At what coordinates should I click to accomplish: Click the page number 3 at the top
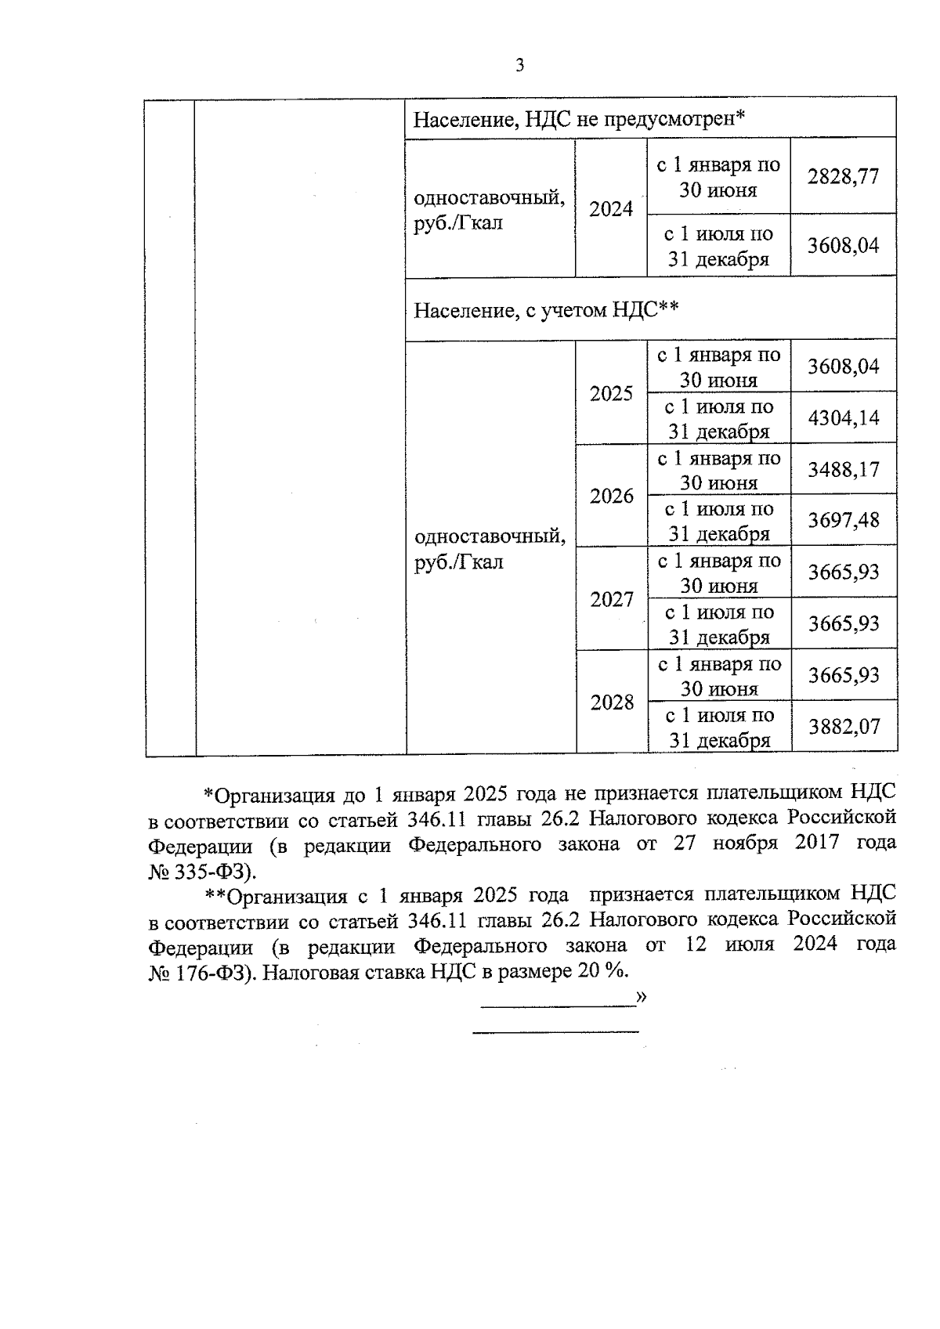[519, 66]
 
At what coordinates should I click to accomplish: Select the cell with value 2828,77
[843, 176]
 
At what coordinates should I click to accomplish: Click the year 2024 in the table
[611, 209]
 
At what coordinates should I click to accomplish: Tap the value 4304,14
[844, 418]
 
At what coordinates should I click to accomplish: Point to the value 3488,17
[844, 470]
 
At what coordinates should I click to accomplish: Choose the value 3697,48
[844, 520]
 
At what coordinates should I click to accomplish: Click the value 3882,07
[844, 727]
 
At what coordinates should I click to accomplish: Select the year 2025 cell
[611, 393]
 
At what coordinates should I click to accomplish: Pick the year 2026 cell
[611, 496]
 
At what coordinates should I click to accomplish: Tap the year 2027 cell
[611, 599]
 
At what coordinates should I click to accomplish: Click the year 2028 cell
[611, 702]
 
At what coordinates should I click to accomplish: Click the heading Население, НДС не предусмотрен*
[578, 119]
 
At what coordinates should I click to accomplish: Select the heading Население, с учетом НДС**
[545, 311]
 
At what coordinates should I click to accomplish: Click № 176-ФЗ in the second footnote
[200, 973]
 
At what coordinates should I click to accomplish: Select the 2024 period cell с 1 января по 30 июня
[718, 177]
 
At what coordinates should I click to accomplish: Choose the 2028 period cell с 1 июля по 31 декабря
[718, 728]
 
